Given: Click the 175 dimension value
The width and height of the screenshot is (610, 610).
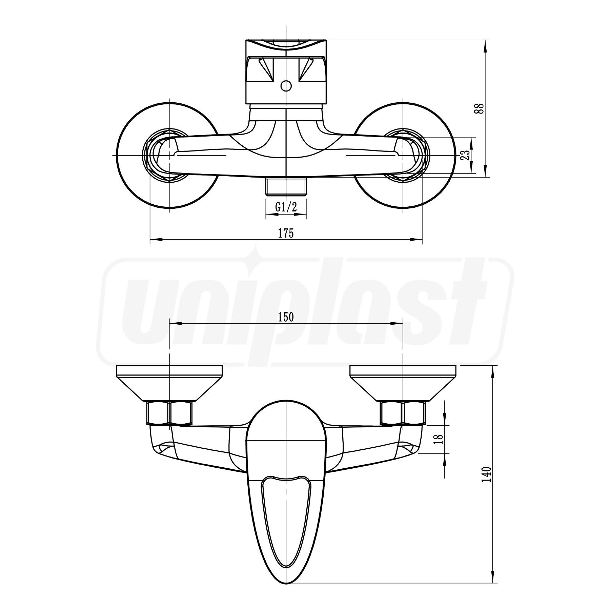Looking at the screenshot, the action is pos(286,233).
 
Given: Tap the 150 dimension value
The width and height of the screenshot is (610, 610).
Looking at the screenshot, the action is pos(286,317).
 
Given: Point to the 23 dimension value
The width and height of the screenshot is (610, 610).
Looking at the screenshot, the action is pos(466,155).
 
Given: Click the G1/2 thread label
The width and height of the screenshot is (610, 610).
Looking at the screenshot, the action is pos(286,207).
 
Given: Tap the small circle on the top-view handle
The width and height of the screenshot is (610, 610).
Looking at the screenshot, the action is pos(286,86).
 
